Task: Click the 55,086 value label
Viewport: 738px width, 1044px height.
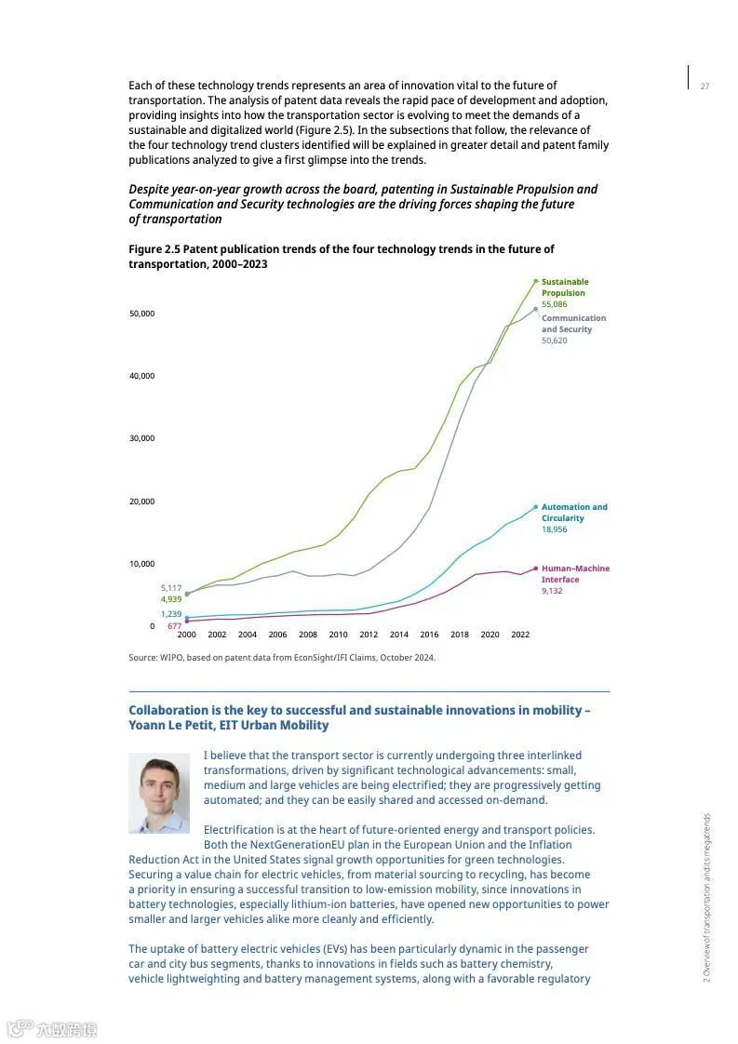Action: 554,304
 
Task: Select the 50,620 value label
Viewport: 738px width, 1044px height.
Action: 554,341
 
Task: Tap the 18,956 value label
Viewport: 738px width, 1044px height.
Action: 554,529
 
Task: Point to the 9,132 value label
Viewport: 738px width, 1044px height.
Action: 552,591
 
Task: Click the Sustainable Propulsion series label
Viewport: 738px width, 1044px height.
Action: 565,288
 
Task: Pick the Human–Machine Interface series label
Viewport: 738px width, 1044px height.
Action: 575,574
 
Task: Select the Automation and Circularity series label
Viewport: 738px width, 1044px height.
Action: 574,513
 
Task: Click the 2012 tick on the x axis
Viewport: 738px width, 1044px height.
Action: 369,635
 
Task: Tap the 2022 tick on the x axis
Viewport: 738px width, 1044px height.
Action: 520,635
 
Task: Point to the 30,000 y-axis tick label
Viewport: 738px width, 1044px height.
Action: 141,438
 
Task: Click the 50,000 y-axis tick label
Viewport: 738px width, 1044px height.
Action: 141,314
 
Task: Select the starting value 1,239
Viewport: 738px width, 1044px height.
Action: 171,614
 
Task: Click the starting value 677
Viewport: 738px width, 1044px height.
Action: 174,626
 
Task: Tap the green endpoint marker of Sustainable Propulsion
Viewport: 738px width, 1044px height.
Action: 536,281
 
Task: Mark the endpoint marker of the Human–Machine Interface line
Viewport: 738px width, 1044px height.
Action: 536,569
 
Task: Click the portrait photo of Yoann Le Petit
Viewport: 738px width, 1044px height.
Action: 159,793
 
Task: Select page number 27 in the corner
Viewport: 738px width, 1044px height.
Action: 704,87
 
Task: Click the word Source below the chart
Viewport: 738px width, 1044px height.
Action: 143,658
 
